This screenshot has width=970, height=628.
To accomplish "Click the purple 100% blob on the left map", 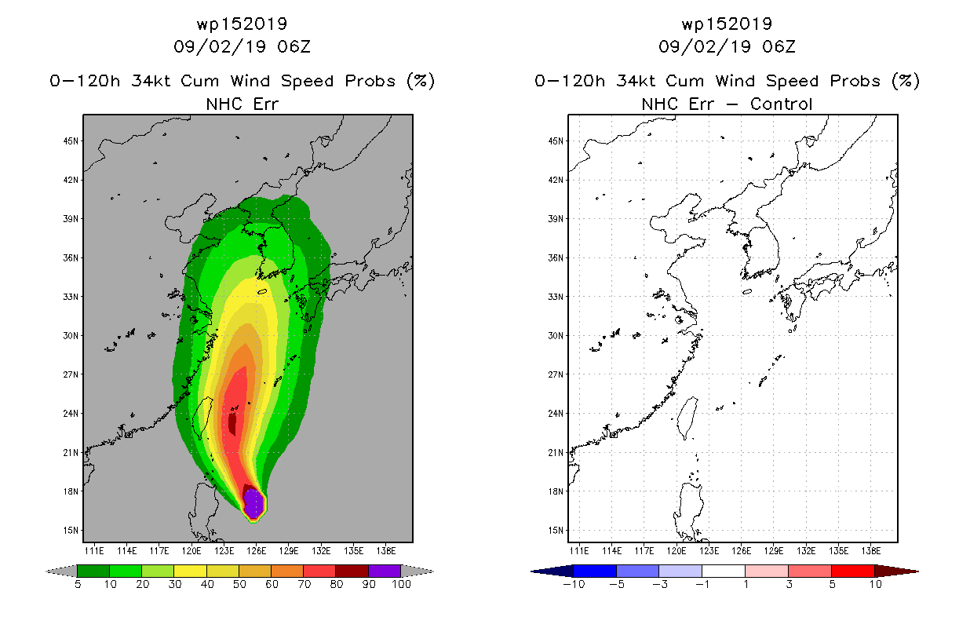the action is click(253, 504).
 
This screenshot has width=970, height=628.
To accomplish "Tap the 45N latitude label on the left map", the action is click(71, 141).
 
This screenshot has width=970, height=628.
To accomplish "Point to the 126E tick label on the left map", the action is click(257, 551).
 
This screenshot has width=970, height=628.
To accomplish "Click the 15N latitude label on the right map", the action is click(556, 531).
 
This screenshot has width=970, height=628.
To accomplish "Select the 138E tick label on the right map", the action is click(871, 551).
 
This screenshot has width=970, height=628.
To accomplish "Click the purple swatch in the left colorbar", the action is click(385, 571).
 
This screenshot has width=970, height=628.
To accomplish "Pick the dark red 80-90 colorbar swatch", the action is click(352, 571).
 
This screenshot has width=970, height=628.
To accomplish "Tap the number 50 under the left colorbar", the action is click(239, 585).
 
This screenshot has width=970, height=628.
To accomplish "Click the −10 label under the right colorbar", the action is click(574, 585).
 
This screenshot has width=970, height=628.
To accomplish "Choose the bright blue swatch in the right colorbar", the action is click(595, 571).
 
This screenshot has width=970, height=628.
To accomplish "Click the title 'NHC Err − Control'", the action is click(727, 104).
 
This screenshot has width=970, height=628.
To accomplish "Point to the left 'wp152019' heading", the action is click(242, 24).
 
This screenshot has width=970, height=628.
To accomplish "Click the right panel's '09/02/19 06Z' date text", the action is click(727, 47).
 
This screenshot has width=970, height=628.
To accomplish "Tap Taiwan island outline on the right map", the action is click(687, 418).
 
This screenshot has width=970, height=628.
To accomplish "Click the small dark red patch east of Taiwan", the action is click(232, 424).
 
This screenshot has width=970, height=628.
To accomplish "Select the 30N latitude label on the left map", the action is click(71, 336).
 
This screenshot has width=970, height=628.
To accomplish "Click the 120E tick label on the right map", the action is click(676, 551).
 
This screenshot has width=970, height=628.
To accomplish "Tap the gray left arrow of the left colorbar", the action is click(61, 571).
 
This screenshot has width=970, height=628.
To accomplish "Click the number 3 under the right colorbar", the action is click(789, 585).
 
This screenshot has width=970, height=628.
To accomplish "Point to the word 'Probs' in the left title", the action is click(370, 81).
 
